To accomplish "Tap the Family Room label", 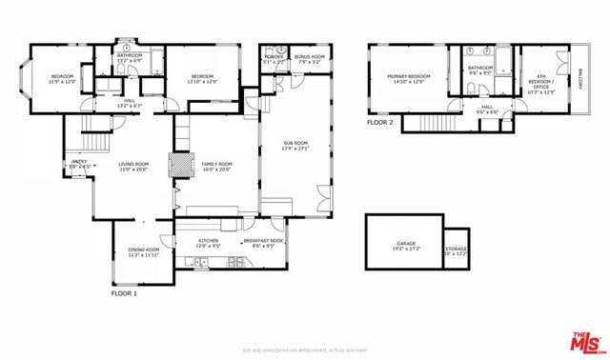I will (x=216, y=164).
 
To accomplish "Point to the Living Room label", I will (x=133, y=164).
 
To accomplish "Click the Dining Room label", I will (x=143, y=250).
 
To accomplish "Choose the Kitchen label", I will (x=209, y=241).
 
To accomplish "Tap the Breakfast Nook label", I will (x=264, y=241).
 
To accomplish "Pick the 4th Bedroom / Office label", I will (x=540, y=83).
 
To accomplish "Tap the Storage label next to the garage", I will (x=457, y=250).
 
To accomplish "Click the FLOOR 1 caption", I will (x=124, y=293).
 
